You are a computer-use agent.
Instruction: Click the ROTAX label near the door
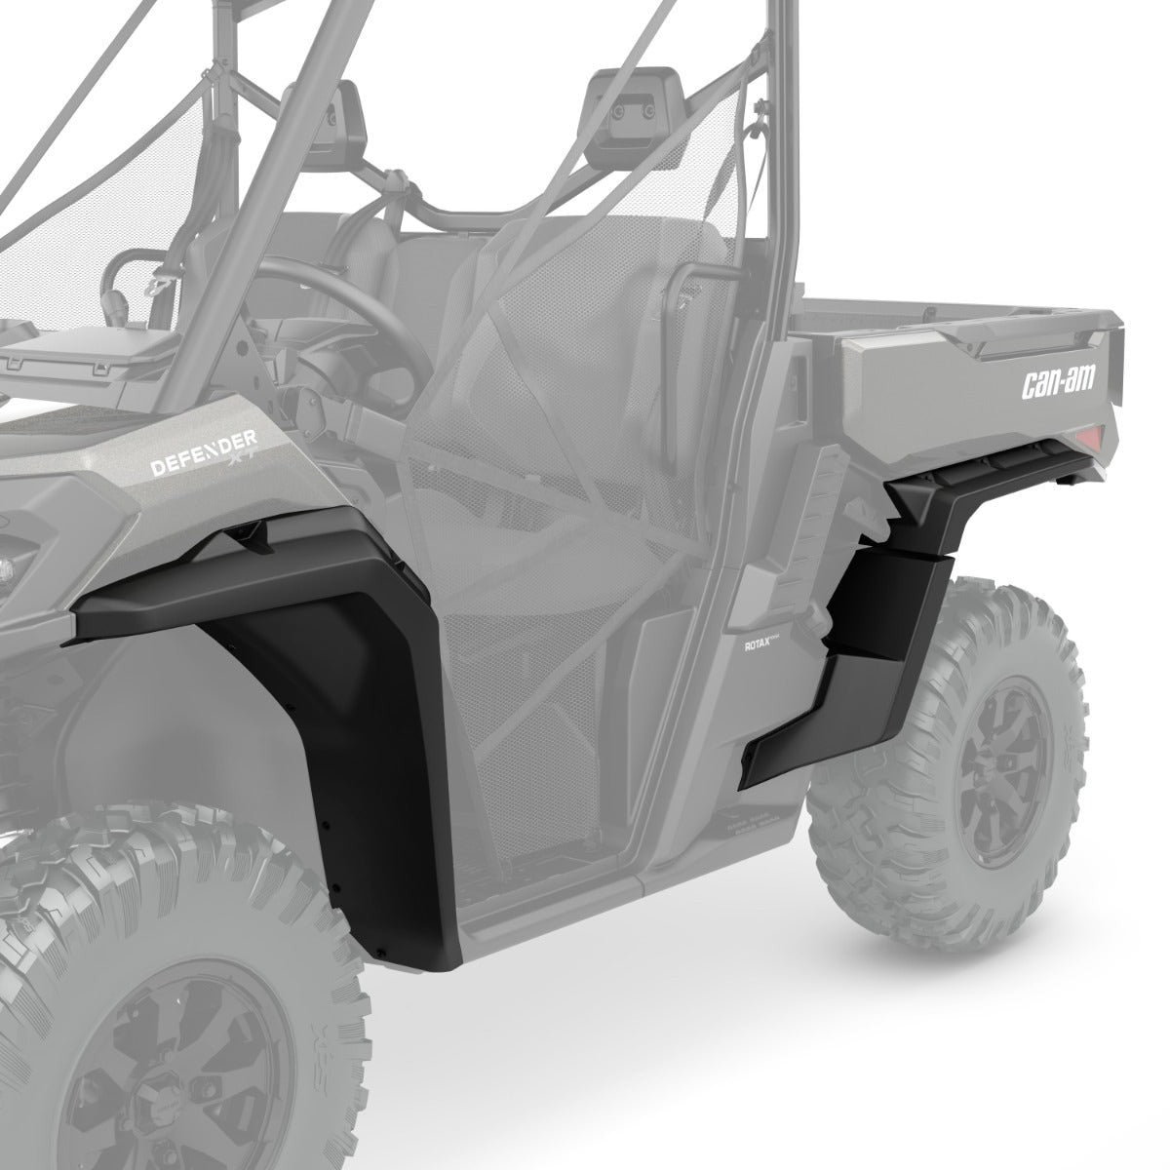[x=758, y=644]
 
